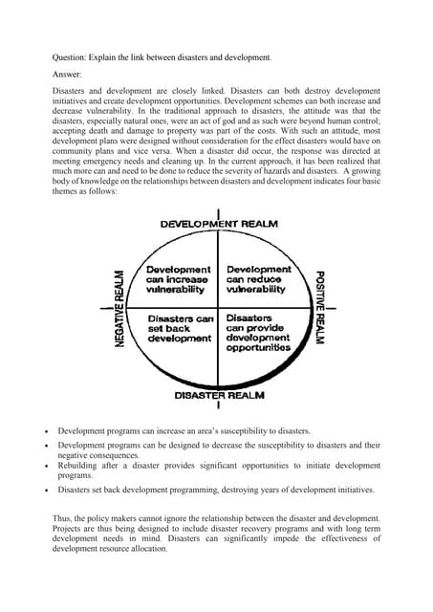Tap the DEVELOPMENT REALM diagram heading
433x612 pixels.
click(219, 224)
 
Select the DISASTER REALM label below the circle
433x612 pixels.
click(219, 394)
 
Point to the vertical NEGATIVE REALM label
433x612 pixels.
click(120, 307)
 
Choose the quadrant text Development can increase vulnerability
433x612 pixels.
click(178, 279)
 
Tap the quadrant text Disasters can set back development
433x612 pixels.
click(179, 327)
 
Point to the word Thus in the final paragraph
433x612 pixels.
click(61, 516)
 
